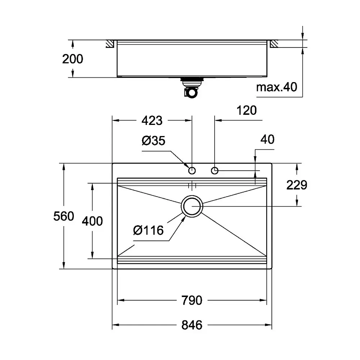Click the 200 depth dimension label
(x=73, y=59)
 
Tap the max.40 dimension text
(x=276, y=87)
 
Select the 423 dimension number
(x=152, y=121)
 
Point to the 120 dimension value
(x=247, y=111)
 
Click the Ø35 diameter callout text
(x=153, y=140)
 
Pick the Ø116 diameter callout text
(x=148, y=230)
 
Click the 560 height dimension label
(x=64, y=216)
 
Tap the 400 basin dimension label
(x=92, y=221)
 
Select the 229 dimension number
(x=297, y=185)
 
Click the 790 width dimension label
(x=192, y=300)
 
